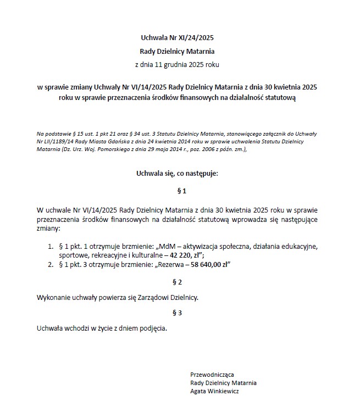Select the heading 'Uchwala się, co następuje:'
point(177,174)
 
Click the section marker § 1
point(177,191)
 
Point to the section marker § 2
point(177,282)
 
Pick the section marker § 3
point(177,313)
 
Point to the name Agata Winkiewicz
point(214,392)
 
